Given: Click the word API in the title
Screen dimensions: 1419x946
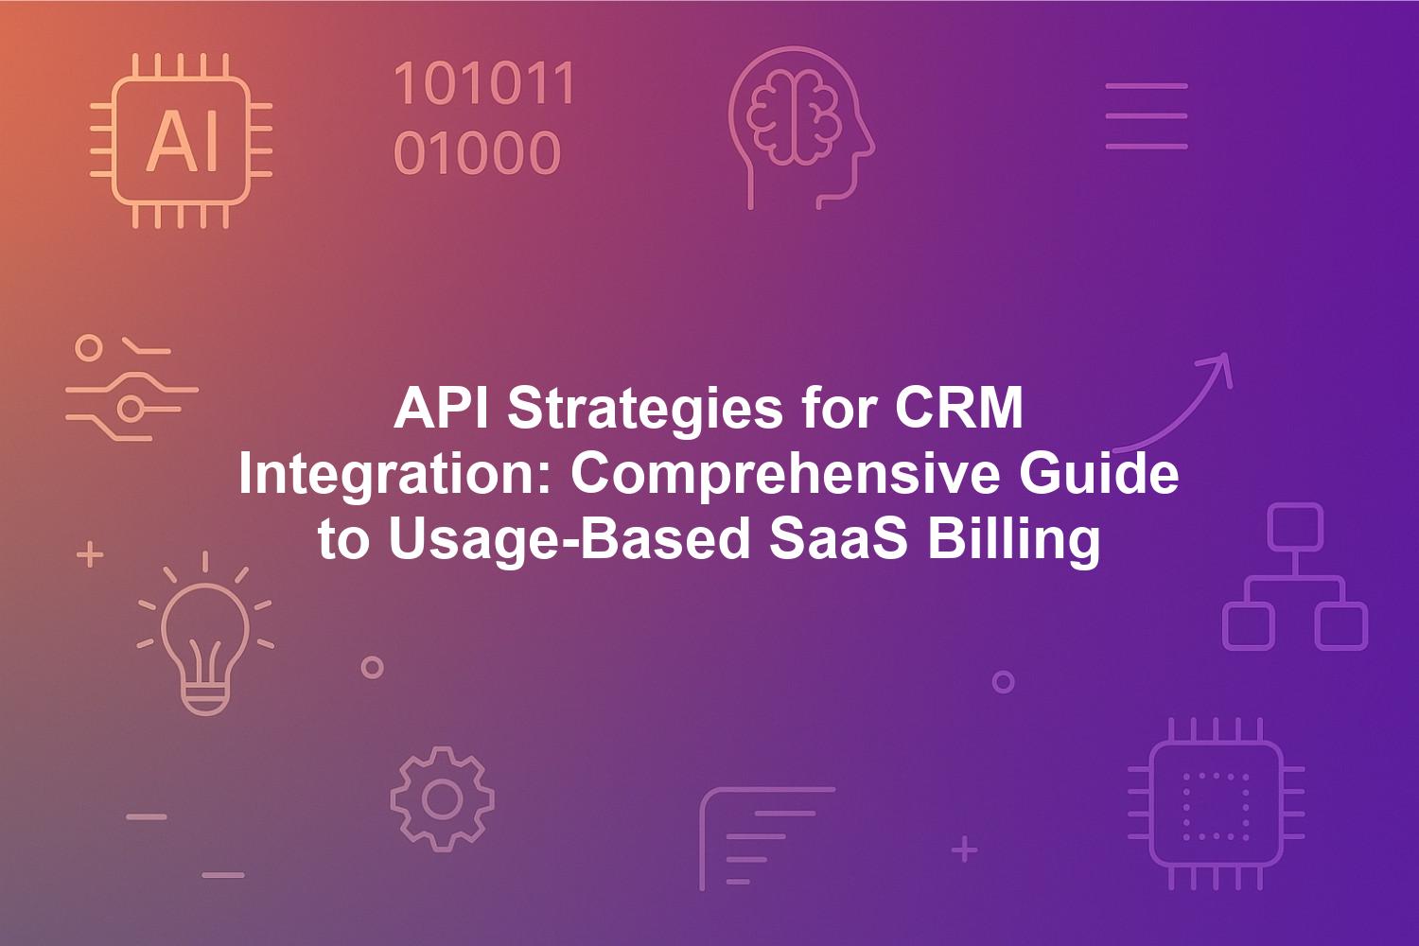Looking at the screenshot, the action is coord(441,408).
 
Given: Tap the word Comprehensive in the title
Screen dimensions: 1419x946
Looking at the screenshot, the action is coord(781,476).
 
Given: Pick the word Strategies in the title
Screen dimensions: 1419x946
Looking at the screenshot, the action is coord(645,410).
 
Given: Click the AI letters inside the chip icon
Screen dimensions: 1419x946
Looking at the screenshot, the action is coord(183,141).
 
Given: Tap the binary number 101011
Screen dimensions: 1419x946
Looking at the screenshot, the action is coord(484,83).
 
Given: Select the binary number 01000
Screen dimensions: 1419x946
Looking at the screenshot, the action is coord(477,152).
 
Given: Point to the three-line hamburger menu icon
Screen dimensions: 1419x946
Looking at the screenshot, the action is coord(1146,116).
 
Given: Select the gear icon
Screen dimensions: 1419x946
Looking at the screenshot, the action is coord(442,799).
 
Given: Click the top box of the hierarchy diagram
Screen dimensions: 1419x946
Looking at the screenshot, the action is coord(1295,527).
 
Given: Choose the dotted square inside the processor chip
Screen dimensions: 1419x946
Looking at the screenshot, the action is coord(1216,806).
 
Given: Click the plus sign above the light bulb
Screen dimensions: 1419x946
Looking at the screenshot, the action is coord(90,554).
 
